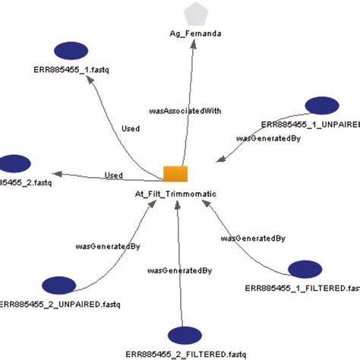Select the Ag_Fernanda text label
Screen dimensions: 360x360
196,34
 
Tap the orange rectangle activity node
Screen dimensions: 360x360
175,173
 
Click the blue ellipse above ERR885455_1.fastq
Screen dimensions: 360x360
74,51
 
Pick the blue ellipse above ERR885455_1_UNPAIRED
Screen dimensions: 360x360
324,106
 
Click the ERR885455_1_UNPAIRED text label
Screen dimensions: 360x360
310,123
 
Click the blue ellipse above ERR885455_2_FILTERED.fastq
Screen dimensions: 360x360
187,335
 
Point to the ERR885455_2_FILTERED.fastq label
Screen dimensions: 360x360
186,354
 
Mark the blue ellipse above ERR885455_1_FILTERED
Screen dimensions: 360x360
307,270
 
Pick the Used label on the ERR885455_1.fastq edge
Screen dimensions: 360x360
130,129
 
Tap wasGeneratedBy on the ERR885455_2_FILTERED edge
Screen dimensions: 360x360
180,270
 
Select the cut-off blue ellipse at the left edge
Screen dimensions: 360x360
14,163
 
